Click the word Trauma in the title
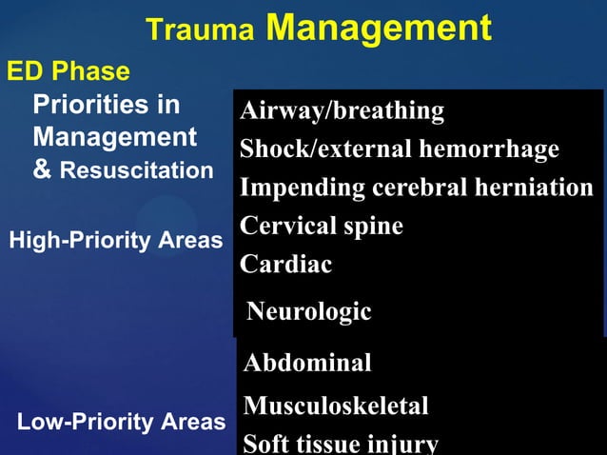[x=200, y=30]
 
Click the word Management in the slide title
[x=378, y=28]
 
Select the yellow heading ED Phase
[x=69, y=71]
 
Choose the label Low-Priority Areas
[x=121, y=422]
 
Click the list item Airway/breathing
[x=342, y=111]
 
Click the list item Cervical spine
[x=321, y=227]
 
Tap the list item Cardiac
[x=285, y=265]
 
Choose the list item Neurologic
[x=308, y=311]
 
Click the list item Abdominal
[x=307, y=363]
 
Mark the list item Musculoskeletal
[x=336, y=406]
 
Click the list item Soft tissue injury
[x=341, y=444]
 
